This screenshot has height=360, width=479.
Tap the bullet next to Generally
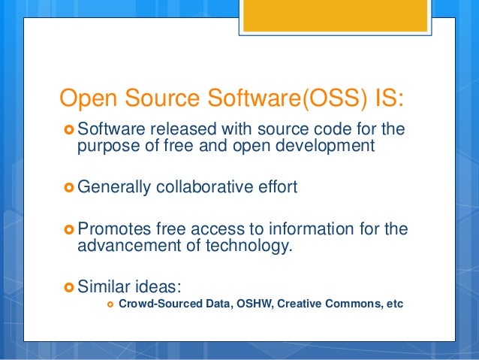tap(69, 186)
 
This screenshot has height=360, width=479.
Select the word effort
tap(273, 186)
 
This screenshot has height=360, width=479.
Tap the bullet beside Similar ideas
tap(69, 285)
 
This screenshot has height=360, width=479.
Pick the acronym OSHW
tap(254, 304)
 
